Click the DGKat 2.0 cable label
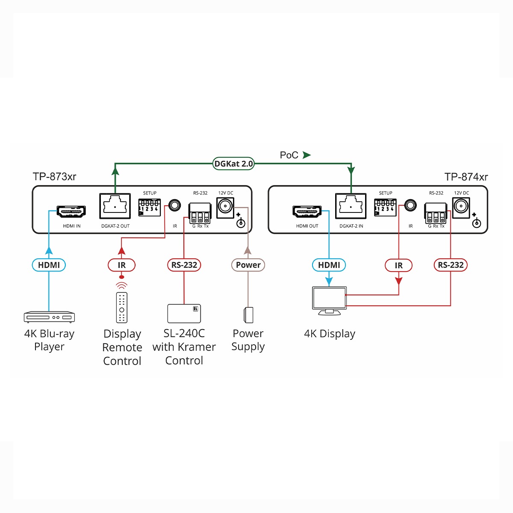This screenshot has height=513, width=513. click(233, 164)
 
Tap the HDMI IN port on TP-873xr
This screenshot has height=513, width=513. click(72, 211)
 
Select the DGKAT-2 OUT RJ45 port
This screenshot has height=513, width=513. click(115, 206)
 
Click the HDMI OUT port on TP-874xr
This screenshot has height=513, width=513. click(307, 211)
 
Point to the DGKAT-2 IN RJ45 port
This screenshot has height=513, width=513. click(351, 206)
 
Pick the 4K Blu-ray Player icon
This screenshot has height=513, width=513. click(49, 317)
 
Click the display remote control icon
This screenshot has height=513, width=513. click(122, 307)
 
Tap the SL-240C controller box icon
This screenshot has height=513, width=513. click(184, 313)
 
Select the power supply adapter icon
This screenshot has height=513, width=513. click(248, 315)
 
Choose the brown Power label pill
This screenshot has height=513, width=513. click(248, 265)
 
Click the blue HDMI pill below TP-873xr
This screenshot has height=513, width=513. click(49, 265)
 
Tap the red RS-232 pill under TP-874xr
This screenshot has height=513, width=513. click(451, 265)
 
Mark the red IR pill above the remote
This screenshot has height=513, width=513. click(121, 265)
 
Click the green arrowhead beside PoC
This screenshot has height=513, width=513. click(307, 155)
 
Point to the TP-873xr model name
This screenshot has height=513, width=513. click(55, 177)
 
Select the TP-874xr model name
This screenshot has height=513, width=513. click(466, 177)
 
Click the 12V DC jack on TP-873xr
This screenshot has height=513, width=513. click(225, 207)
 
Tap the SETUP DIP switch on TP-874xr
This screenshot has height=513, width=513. click(385, 207)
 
